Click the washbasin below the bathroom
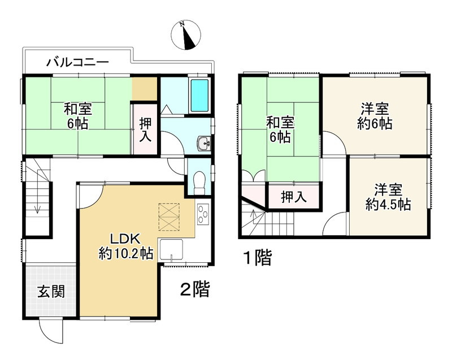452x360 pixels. coord(204,144)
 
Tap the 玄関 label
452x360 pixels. coord(51,292)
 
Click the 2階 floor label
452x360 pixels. coord(195,290)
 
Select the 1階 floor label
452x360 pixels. coord(257,258)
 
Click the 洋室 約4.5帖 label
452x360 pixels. coord(388,197)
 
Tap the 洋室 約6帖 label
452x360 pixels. coord(375,116)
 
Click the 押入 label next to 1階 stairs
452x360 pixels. coord(294,197)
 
